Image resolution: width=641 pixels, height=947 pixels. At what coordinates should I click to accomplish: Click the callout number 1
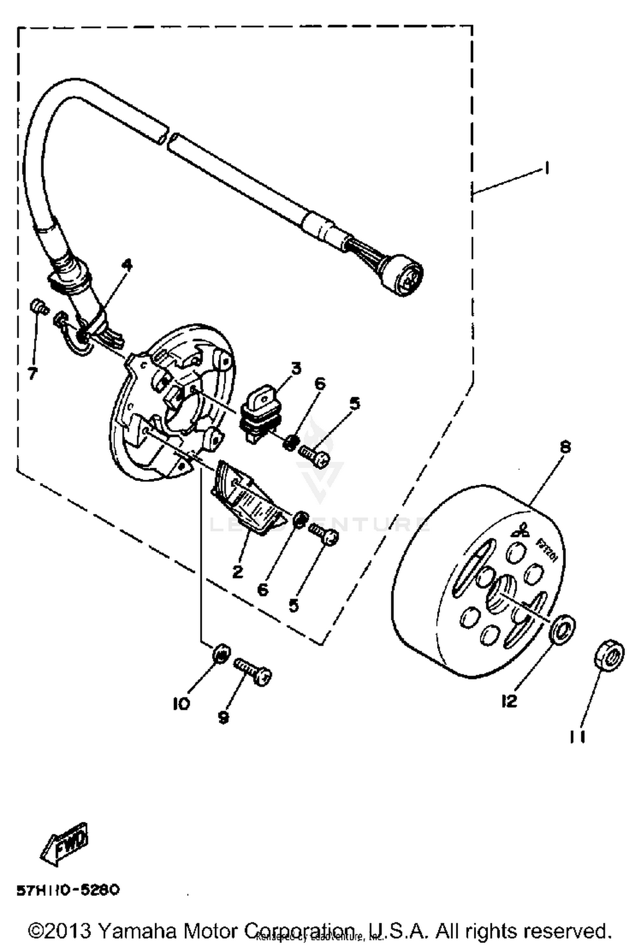(546, 168)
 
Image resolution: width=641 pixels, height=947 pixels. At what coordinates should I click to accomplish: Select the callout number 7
(32, 373)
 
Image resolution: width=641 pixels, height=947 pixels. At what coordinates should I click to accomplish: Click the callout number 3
(296, 368)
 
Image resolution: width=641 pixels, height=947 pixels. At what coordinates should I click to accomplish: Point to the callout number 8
(565, 447)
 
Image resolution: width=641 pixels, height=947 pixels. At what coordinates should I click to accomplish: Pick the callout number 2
(238, 571)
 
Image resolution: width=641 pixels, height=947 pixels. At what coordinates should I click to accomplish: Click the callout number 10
(181, 704)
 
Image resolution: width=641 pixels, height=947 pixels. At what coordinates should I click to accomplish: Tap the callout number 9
(223, 717)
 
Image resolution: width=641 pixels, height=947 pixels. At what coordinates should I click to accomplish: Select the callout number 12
(509, 701)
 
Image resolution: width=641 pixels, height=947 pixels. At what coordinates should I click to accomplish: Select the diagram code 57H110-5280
(68, 890)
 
